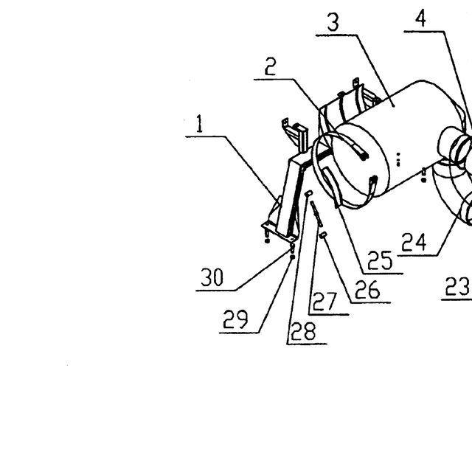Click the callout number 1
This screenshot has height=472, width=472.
(199, 123)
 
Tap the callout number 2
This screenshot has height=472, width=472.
(271, 66)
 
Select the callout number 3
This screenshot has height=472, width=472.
(333, 22)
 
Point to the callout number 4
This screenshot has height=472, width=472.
(420, 18)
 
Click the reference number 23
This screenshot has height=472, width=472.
(457, 286)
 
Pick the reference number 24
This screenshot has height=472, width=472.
(414, 243)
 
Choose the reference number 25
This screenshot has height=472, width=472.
(380, 260)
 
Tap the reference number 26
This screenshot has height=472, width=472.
(367, 290)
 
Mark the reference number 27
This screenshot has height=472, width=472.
(324, 302)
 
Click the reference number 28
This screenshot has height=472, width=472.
(303, 331)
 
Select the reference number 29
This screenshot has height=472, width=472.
(236, 319)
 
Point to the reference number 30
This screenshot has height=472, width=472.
(212, 277)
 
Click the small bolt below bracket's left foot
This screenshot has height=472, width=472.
(267, 237)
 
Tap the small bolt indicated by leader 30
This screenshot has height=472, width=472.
(292, 248)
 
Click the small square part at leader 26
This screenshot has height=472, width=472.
(324, 235)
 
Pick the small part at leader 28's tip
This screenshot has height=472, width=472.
(308, 193)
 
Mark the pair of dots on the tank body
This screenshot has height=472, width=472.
(398, 159)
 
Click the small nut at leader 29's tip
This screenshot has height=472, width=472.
(292, 257)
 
